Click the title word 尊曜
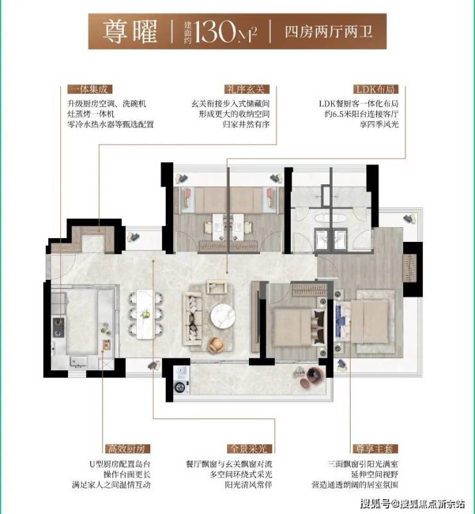click(130, 32)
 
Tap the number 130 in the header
click(214, 31)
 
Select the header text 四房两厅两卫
click(328, 32)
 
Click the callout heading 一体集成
click(89, 89)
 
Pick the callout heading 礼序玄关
click(247, 89)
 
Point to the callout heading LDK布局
click(376, 89)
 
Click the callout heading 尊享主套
click(376, 449)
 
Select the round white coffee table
click(223, 316)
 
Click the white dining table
click(146, 314)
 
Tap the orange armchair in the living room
click(216, 345)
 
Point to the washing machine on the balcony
click(181, 380)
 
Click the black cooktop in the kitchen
click(58, 327)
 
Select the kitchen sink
click(78, 361)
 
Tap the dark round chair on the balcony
click(316, 375)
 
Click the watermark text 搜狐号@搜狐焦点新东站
click(412, 503)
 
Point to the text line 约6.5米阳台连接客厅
click(361, 114)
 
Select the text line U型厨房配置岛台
click(120, 464)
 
